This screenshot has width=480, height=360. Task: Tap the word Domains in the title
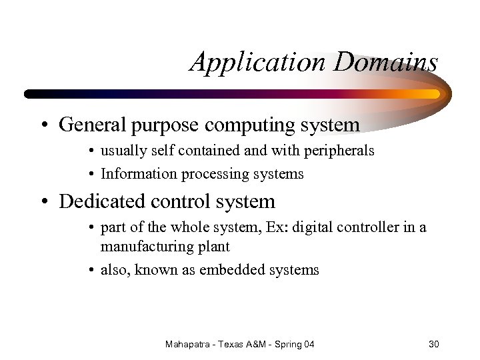pos(386,63)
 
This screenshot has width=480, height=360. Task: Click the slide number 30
pos(434,344)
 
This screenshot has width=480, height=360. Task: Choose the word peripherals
pos(339,151)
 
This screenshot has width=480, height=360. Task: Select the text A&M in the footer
pos(265,344)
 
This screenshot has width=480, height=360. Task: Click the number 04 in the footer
pos(309,344)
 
